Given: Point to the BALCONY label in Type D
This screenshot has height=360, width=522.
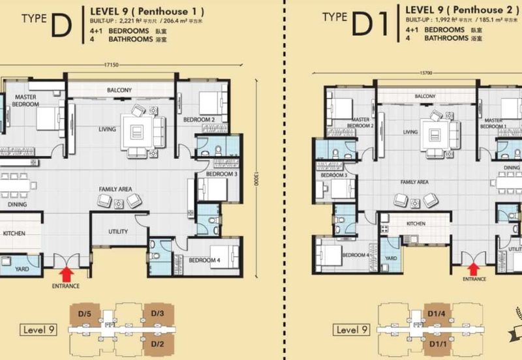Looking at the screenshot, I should pyautogui.click(x=120, y=90).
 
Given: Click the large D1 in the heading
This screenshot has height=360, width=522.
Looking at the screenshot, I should pyautogui.click(x=370, y=25).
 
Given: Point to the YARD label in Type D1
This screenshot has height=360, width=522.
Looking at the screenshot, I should pyautogui.click(x=390, y=258).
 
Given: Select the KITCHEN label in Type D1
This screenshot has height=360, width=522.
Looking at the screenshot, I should pyautogui.click(x=416, y=224).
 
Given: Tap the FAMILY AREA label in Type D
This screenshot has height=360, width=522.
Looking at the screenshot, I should pyautogui.click(x=115, y=189).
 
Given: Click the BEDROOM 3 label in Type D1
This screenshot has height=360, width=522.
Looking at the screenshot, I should pyautogui.click(x=333, y=175).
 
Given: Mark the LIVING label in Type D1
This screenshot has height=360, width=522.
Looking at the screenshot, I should pyautogui.click(x=410, y=132).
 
